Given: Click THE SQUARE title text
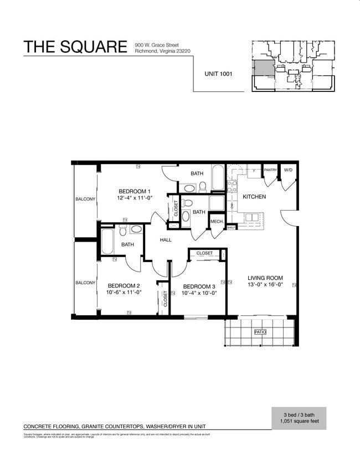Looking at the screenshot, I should click(x=75, y=47).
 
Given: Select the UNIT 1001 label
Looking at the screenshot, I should click(x=218, y=73).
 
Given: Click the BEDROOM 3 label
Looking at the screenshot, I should click(x=199, y=286).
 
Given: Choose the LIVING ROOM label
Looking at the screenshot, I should click(x=265, y=278).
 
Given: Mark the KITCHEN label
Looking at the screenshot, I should click(x=254, y=197).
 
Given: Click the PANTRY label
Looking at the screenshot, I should click(x=270, y=170).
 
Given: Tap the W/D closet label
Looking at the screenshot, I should click(x=288, y=170).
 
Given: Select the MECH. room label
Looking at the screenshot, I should click(x=217, y=222).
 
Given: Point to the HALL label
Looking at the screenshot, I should click(x=166, y=240).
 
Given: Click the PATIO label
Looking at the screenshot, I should click(x=260, y=332).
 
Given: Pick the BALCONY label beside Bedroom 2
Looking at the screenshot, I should click(x=85, y=283).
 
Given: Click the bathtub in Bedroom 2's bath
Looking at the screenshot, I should click(x=107, y=242).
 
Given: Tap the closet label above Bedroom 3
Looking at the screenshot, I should click(x=204, y=253).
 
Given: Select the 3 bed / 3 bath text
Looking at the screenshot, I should click(x=299, y=415).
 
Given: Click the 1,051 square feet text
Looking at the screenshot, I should click(x=299, y=422).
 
